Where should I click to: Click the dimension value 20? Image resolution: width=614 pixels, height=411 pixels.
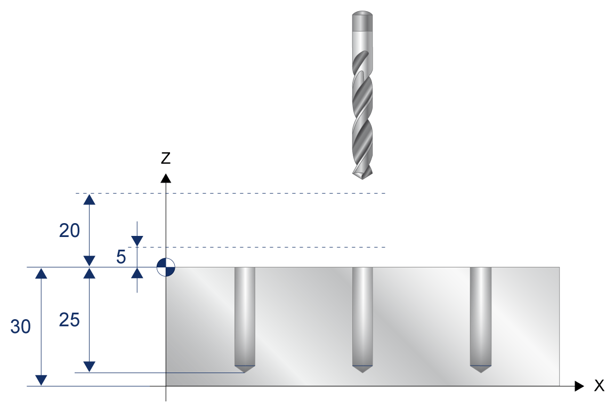(69, 230)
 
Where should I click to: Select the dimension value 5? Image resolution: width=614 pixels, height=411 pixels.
(121, 257)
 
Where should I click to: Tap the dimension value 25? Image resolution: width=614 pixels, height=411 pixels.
(69, 320)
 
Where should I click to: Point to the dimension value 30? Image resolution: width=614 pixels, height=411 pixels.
(20, 327)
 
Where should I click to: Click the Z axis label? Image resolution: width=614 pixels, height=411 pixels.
(166, 158)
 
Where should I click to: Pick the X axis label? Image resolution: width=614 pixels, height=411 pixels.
(599, 385)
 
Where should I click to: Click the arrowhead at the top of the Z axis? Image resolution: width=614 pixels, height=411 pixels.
(166, 178)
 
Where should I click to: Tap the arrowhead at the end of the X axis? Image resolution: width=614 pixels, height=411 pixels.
(579, 386)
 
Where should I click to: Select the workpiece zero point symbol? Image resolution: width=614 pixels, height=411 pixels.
(166, 267)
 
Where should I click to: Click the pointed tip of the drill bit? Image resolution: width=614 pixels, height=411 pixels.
(362, 178)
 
